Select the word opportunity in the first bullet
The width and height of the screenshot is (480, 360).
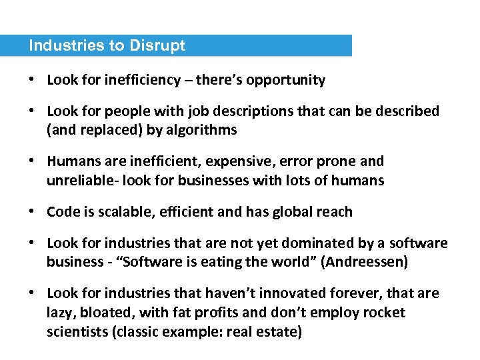pos(287,81)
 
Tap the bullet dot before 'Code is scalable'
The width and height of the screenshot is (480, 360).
pos(32,212)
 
